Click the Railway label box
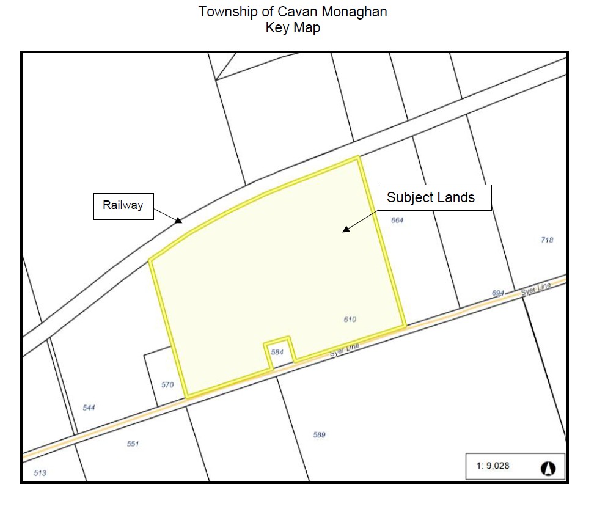123,206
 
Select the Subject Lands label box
431,197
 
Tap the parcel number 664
397,220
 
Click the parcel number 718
547,240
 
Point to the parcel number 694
498,293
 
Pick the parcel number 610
350,320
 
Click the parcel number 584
277,352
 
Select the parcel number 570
167,385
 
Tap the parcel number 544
89,408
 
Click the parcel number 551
133,444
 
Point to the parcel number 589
319,435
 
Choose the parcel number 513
40,473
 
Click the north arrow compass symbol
548,469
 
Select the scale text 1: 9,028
493,466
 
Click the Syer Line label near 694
536,289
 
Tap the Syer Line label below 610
344,350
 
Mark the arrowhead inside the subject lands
346,229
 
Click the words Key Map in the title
293,27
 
